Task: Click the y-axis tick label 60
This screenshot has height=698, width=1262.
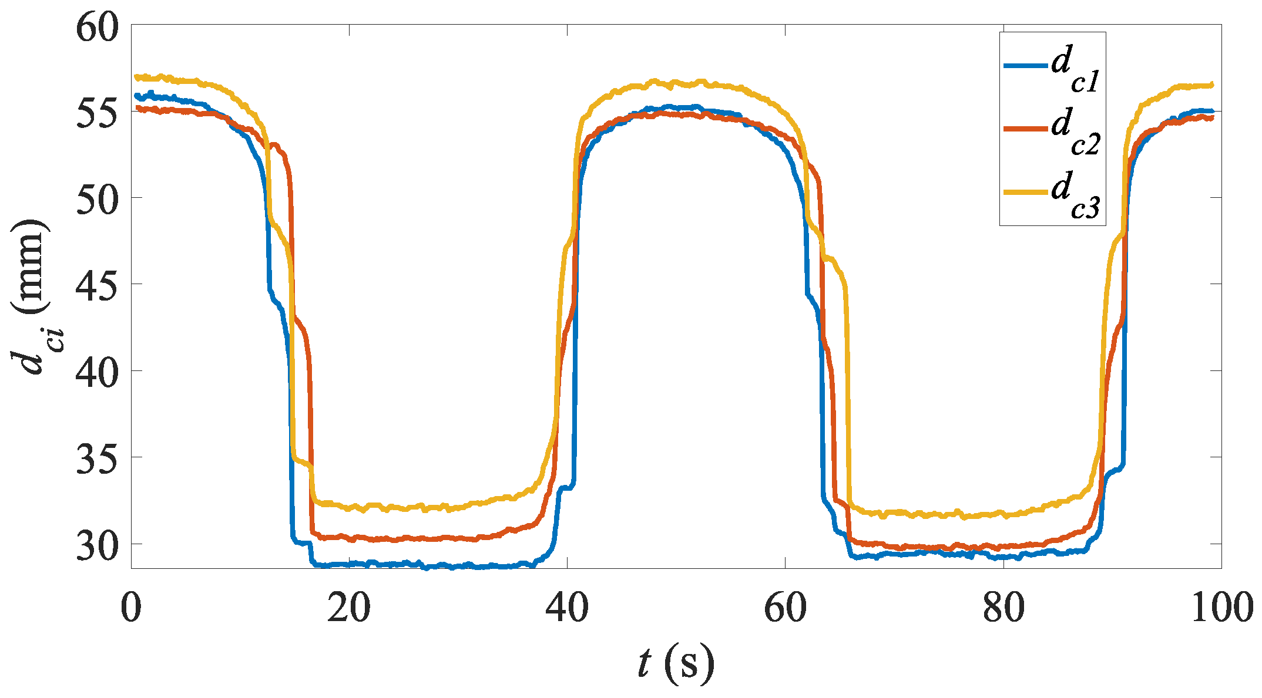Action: pyautogui.click(x=97, y=28)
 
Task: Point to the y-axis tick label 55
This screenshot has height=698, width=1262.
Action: pyautogui.click(x=97, y=112)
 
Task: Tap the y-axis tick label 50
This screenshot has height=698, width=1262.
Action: pyautogui.click(x=97, y=198)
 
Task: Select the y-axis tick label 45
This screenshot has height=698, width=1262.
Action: pyautogui.click(x=97, y=285)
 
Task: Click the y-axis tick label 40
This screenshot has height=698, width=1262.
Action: pyautogui.click(x=97, y=371)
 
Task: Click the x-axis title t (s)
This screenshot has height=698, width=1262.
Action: pyautogui.click(x=676, y=664)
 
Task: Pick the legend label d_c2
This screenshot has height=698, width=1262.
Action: pyautogui.click(x=1075, y=132)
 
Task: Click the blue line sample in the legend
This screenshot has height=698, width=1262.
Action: pyautogui.click(x=1025, y=66)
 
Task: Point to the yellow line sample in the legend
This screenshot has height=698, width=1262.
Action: pyautogui.click(x=1025, y=192)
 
